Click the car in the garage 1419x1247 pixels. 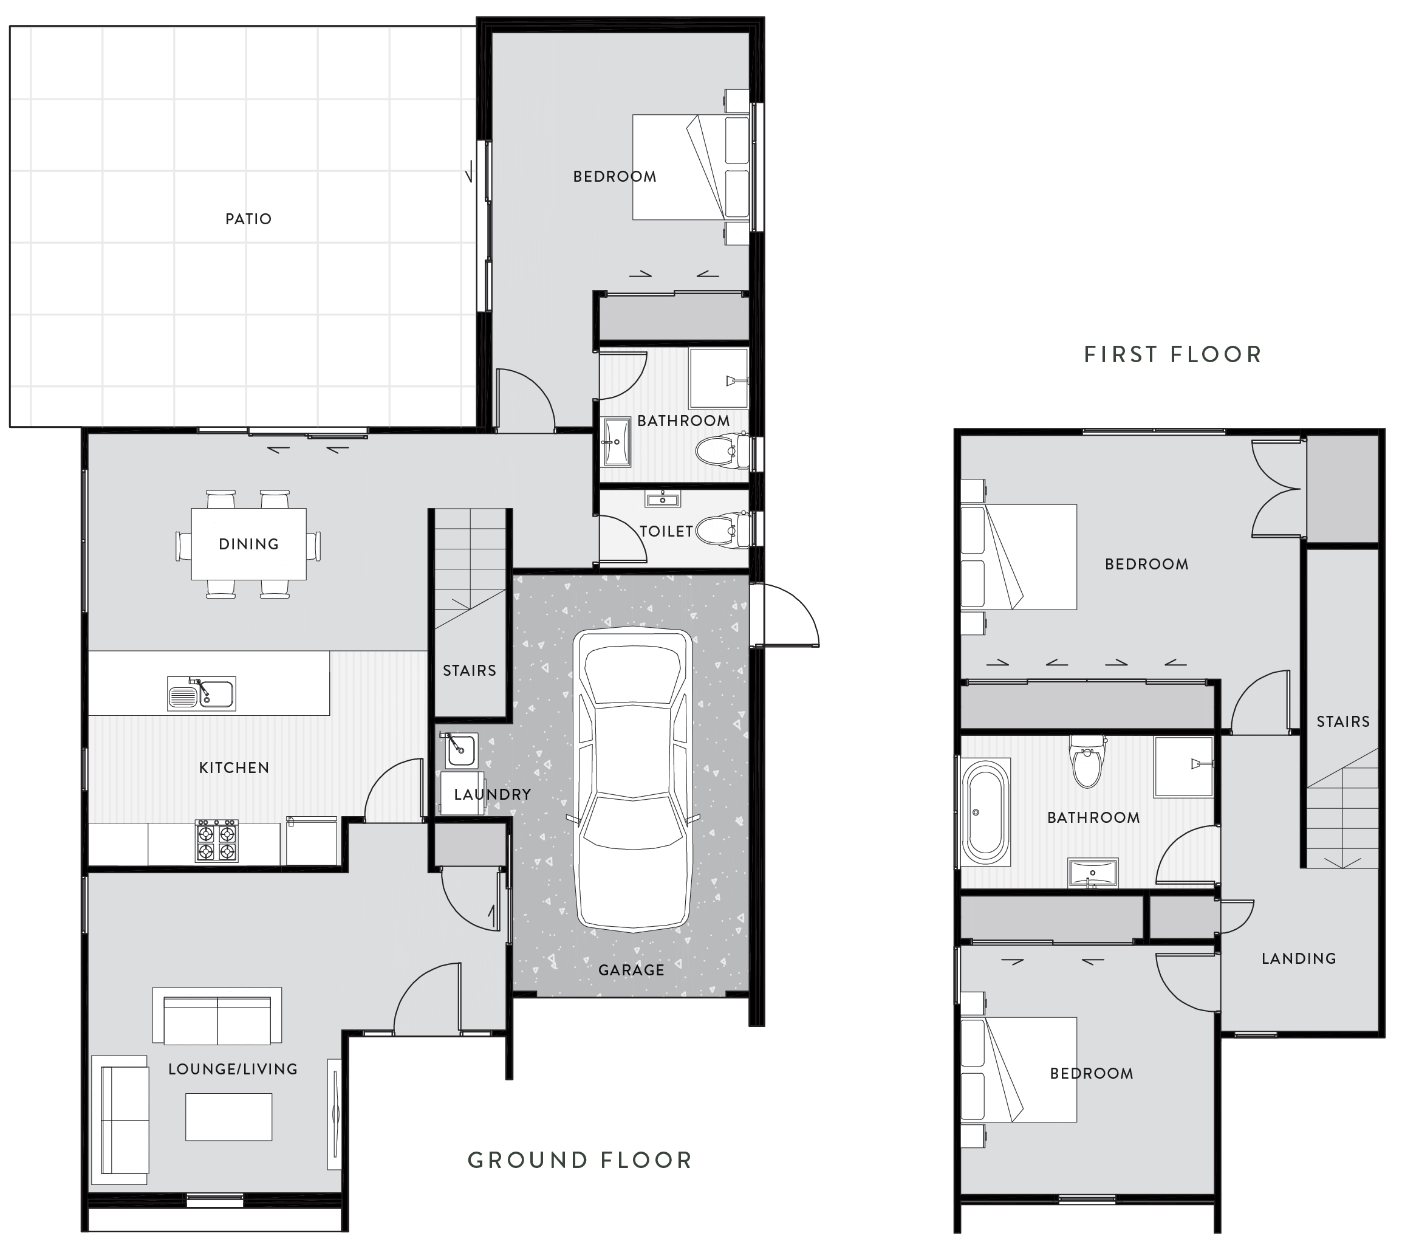(632, 780)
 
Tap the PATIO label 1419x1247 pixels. (248, 219)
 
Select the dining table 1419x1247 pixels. (248, 544)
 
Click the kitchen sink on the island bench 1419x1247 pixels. (201, 693)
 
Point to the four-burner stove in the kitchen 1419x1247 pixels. (217, 841)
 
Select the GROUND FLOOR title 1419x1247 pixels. (580, 1160)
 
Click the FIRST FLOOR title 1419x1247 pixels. (1172, 355)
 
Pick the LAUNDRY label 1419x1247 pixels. (492, 794)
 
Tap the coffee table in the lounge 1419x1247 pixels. (228, 1116)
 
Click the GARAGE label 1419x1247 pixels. (631, 970)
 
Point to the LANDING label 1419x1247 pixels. (1298, 958)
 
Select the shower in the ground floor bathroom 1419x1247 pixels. (719, 379)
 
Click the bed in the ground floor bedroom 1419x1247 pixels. (691, 167)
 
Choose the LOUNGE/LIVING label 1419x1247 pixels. (233, 1070)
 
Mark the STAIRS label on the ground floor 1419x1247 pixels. (470, 671)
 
